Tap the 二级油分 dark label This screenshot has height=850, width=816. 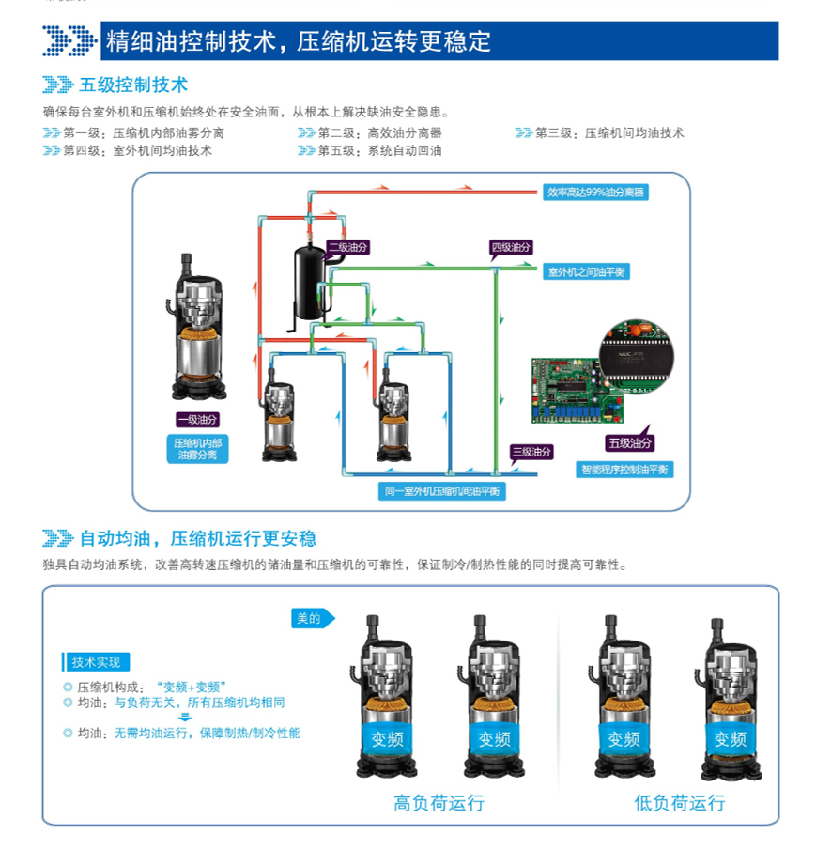(x=346, y=247)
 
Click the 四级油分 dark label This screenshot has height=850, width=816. (x=511, y=248)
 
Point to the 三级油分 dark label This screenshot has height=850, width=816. (x=531, y=453)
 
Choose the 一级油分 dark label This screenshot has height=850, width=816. (x=198, y=420)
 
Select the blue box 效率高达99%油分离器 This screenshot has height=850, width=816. (x=596, y=192)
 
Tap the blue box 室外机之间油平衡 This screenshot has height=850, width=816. (x=587, y=272)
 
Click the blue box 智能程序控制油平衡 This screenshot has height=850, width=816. (x=624, y=470)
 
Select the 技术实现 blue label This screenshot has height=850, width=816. (x=97, y=662)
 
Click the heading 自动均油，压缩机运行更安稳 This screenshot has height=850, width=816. (x=198, y=538)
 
